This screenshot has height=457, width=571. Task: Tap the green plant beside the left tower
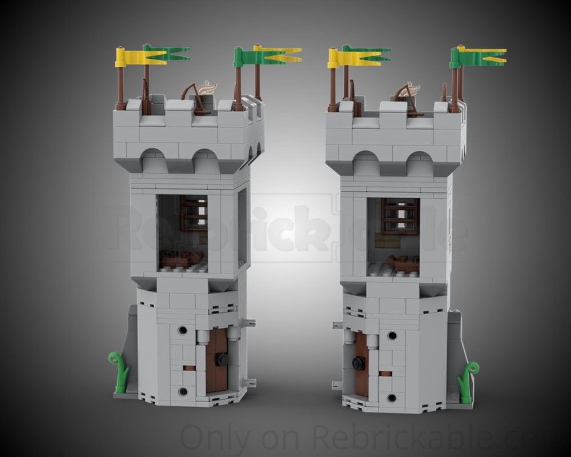119,372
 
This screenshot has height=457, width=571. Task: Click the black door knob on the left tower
222,360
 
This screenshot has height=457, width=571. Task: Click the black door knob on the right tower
359,363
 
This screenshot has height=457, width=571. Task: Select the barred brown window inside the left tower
194,213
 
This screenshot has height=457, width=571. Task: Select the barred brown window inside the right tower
400,216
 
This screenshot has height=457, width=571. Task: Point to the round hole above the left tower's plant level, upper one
183,330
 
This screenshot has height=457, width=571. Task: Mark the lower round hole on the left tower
183,392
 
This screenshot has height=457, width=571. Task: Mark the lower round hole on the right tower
392,398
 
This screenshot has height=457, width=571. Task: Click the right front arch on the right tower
420,164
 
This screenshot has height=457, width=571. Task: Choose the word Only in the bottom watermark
215,440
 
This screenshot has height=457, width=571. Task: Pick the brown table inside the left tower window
181,260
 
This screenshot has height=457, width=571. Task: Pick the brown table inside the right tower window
403,263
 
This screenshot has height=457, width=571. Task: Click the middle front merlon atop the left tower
178,107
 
